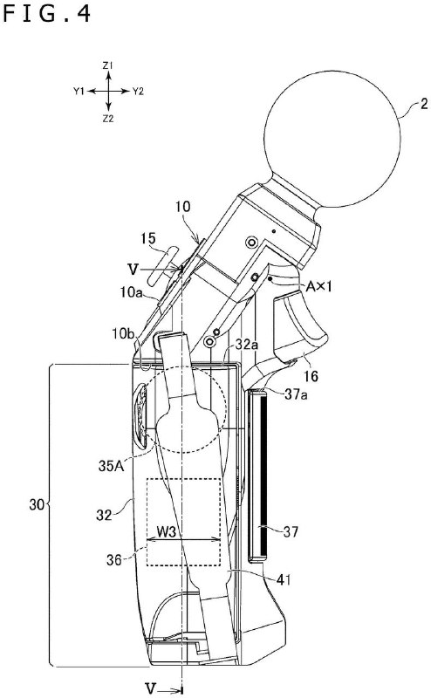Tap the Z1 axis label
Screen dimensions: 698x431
106,65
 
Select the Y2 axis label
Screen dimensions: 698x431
139,91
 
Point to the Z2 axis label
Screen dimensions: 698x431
106,117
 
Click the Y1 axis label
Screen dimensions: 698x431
78,91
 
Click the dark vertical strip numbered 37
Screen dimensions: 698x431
259,476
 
